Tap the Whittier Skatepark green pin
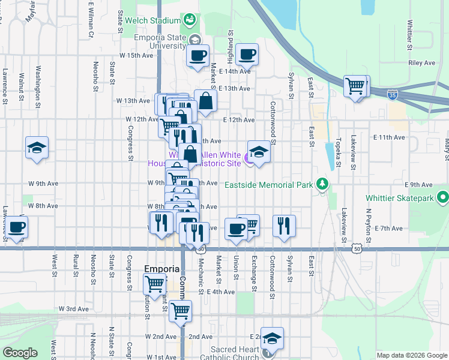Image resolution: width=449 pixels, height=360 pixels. [x=444, y=197]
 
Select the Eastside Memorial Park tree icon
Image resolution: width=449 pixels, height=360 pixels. [x=323, y=183]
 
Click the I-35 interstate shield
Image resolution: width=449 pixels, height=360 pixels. [x=392, y=95]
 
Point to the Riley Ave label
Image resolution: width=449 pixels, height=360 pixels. [x=421, y=62]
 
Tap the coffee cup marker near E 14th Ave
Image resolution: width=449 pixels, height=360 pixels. [x=247, y=55]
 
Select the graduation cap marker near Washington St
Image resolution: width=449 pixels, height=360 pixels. [x=37, y=148]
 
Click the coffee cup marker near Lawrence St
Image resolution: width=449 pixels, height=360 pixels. [x=17, y=227]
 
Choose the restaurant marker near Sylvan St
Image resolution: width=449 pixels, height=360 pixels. [x=284, y=226]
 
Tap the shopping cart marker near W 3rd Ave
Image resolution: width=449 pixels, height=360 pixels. [x=180, y=311]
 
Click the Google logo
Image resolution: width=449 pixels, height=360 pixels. [x=19, y=353]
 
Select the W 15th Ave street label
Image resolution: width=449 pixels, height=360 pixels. [x=136, y=55]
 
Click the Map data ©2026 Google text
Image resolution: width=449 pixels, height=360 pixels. [x=411, y=355]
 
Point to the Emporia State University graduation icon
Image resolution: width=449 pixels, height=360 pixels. [x=194, y=40]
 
